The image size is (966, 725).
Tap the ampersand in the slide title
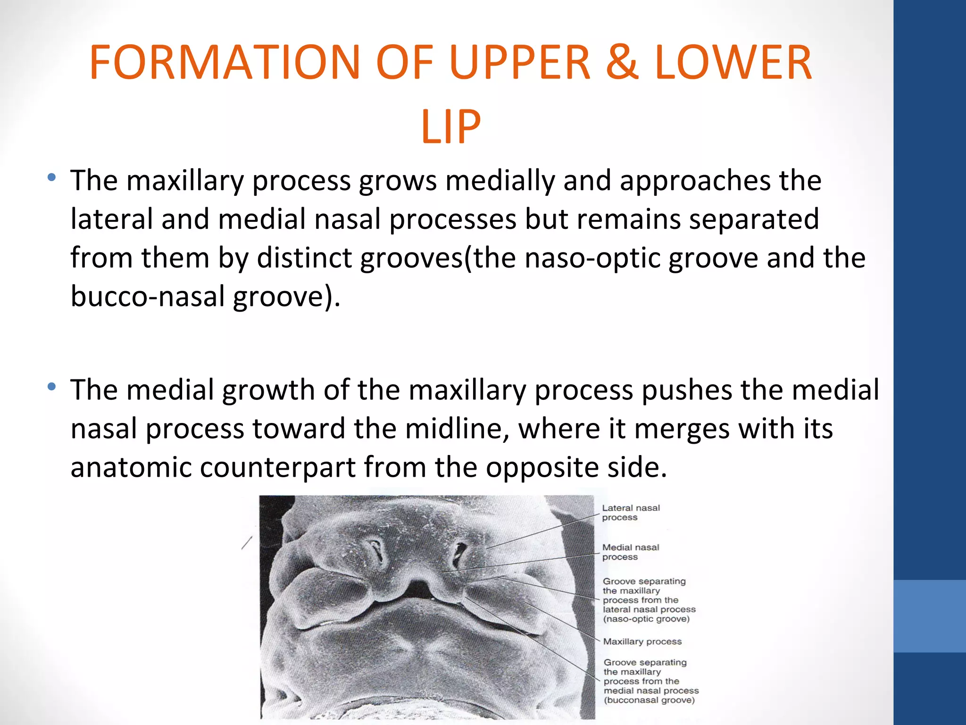click(x=622, y=62)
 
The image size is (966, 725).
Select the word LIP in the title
click(x=450, y=126)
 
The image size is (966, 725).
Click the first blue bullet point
click(x=52, y=178)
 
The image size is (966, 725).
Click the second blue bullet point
click(x=52, y=387)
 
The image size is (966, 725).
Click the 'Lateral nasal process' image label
click(x=631, y=513)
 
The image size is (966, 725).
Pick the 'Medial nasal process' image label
click(x=630, y=552)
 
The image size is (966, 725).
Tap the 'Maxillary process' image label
click(x=642, y=641)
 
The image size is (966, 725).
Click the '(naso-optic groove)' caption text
click(x=646, y=619)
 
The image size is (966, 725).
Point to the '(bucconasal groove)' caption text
click(x=649, y=700)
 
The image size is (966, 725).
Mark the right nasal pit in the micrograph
click(x=458, y=555)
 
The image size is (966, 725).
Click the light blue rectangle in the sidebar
click(x=929, y=616)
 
